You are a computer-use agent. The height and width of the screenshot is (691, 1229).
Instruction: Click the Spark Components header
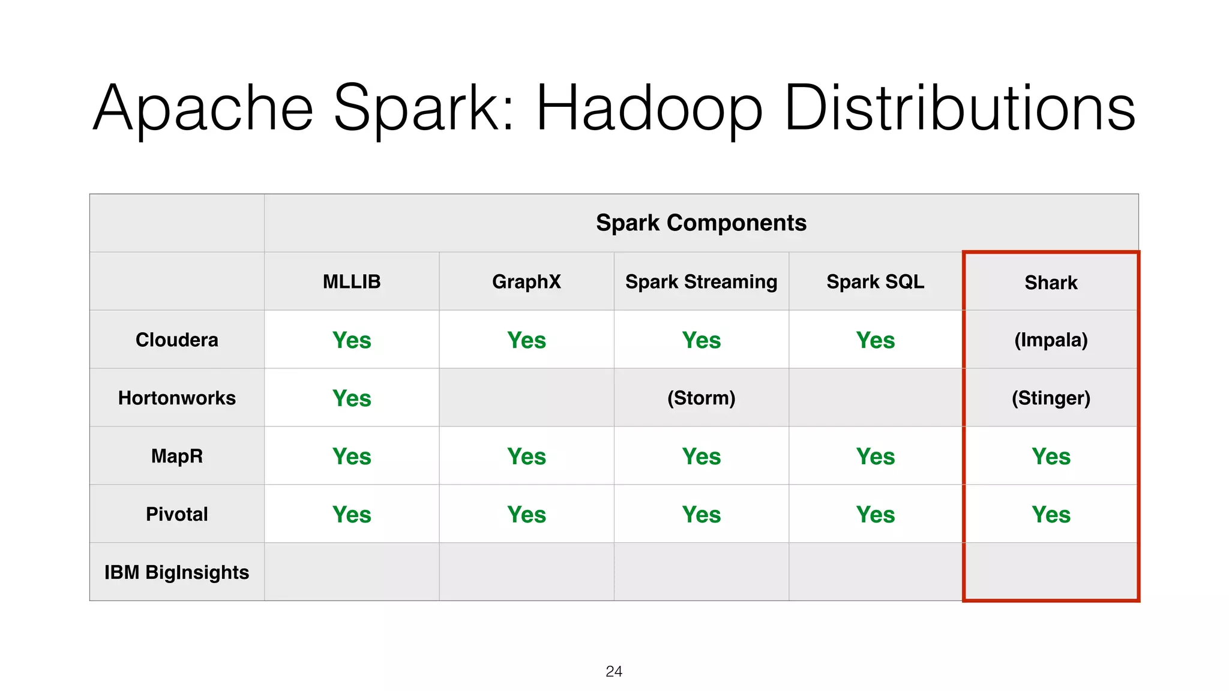point(701,223)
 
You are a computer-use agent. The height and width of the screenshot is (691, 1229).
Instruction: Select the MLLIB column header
point(352,281)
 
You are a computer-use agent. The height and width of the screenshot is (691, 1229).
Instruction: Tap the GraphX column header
point(526,281)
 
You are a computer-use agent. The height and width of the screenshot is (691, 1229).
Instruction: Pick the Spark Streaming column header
point(701,281)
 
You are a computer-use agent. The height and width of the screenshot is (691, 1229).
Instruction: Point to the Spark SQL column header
point(875,281)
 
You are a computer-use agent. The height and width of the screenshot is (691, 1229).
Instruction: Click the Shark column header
point(1051,283)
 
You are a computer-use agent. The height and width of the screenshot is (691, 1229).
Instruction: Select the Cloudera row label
point(176,340)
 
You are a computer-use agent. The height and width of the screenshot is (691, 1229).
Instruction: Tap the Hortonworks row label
point(176,398)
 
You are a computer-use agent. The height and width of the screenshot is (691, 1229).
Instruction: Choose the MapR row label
point(176,456)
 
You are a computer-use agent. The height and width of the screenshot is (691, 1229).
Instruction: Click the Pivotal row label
point(176,514)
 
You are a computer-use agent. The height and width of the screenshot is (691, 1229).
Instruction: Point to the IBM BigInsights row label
point(176,572)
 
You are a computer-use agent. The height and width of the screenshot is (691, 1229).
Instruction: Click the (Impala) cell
point(1051,340)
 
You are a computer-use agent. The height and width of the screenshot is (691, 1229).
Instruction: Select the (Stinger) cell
point(1051,398)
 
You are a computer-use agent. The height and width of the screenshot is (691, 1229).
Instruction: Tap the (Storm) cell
point(701,398)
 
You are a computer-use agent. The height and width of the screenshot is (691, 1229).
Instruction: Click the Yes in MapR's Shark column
point(1051,456)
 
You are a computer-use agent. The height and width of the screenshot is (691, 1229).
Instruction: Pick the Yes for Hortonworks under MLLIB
point(352,398)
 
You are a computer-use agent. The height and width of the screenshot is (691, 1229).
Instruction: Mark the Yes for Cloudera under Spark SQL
point(875,340)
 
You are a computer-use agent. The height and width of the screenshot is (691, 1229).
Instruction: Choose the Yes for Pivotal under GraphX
point(526,515)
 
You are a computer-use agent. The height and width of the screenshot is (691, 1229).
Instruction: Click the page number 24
point(614,671)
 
